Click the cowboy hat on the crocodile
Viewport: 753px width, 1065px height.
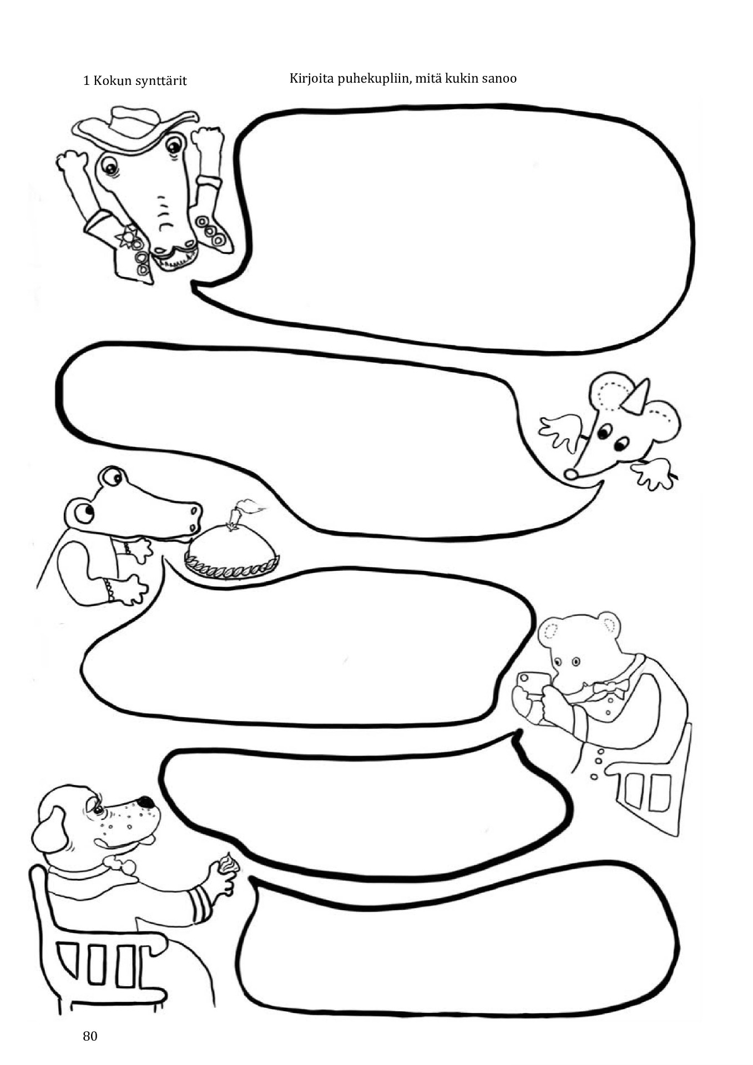tap(137, 128)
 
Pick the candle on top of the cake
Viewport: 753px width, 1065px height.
tap(236, 514)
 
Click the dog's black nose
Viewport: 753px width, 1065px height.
tap(145, 802)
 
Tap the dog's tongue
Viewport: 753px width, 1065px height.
tap(146, 840)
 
